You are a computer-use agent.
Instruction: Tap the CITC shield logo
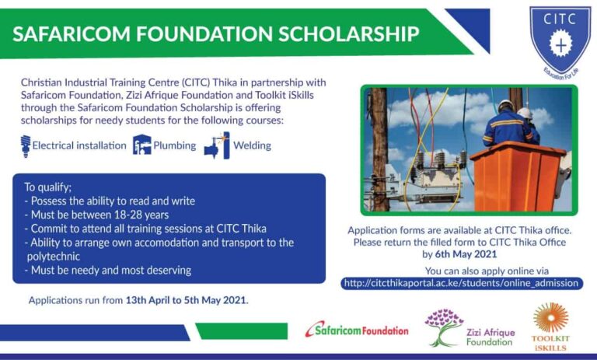tap(559, 38)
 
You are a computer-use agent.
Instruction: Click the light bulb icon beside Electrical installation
tap(26, 145)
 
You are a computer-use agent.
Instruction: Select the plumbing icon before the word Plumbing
tap(141, 145)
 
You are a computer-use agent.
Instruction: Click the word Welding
tap(252, 145)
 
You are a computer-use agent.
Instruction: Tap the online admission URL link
tap(462, 283)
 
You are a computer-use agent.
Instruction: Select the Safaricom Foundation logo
tap(357, 329)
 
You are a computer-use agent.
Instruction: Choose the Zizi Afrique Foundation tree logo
tap(444, 327)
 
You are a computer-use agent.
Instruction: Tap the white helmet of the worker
tap(506, 103)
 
